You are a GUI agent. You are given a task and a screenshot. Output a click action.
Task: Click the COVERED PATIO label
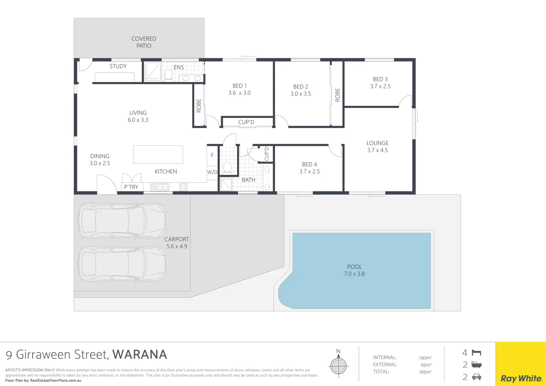point(144,42)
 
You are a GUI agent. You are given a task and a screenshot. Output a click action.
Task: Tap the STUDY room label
point(118,66)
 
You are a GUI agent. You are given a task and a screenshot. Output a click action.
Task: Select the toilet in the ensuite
point(168,75)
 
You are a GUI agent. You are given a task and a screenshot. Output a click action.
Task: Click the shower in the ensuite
point(152,71)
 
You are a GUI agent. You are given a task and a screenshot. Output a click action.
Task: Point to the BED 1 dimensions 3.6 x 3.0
point(240,93)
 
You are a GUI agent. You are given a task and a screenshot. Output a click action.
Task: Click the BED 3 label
point(380,79)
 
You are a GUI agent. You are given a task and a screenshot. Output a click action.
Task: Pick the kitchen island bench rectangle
point(158,154)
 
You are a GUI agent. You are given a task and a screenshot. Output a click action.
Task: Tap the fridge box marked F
point(212,155)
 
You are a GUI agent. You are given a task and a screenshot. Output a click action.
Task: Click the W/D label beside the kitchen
point(212,172)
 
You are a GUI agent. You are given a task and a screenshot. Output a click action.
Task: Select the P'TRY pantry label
point(131,187)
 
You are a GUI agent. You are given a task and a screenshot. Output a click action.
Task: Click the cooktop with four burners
point(183,187)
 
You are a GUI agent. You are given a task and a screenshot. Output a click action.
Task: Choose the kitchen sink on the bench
point(160,187)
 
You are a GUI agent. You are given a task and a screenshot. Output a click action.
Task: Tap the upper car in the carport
point(123,221)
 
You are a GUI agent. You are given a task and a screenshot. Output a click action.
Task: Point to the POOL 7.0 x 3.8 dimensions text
point(354,274)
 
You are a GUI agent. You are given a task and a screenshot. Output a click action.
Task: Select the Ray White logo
point(521,378)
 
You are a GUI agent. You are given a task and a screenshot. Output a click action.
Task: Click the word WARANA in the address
point(140,355)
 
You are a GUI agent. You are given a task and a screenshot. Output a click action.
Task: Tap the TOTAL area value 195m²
point(425,372)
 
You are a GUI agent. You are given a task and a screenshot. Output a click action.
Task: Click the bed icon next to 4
point(476,353)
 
